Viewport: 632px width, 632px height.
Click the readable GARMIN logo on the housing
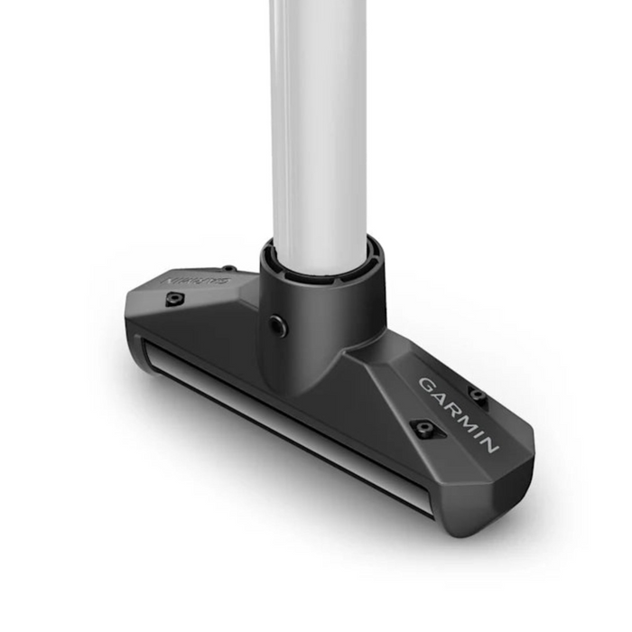click(459, 414)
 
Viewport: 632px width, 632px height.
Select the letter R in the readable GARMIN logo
click(451, 405)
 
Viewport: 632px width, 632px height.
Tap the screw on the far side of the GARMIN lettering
click(478, 395)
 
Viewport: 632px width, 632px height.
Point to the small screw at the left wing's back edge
click(230, 268)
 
